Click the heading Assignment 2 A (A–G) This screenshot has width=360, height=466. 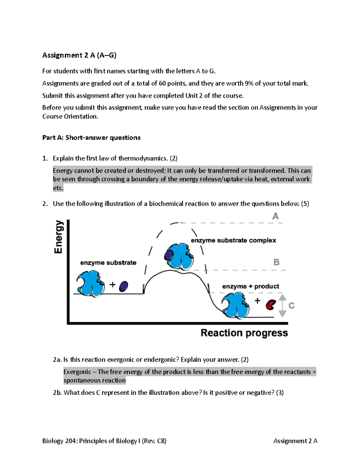(79, 55)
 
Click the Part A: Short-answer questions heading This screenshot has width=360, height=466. (91, 137)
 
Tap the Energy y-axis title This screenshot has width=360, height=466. (58, 237)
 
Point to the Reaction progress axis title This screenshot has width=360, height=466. (244, 333)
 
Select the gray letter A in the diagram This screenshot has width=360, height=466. (275, 216)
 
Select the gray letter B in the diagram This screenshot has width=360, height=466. (276, 262)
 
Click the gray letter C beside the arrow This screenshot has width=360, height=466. (291, 305)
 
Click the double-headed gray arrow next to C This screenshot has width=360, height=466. (282, 305)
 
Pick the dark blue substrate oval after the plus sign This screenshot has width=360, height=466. (123, 286)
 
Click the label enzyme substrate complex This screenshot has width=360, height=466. (233, 240)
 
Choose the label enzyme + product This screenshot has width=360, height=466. (250, 286)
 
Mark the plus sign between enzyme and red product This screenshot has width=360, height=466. (257, 300)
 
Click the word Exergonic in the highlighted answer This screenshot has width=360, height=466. (77, 372)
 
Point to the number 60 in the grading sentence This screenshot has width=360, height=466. (162, 83)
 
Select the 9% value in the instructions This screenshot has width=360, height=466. (249, 83)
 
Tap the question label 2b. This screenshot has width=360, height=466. (57, 392)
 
